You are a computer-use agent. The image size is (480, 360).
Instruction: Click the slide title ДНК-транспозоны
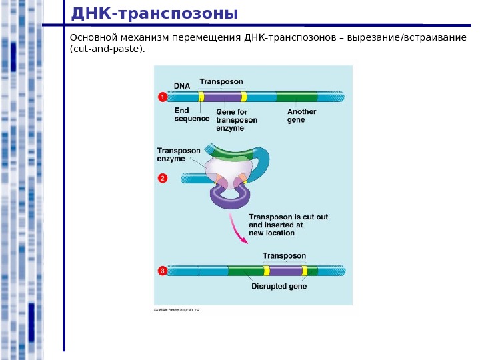(x=153, y=13)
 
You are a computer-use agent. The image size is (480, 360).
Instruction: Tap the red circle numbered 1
(x=162, y=97)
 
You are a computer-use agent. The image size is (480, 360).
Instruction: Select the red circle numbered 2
(x=162, y=178)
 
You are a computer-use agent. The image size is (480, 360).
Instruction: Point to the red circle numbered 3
(x=162, y=271)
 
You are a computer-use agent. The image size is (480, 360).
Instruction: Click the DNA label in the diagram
(x=182, y=86)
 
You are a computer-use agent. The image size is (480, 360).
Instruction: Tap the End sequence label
(x=191, y=115)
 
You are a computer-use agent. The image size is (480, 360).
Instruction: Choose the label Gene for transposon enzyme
(x=237, y=120)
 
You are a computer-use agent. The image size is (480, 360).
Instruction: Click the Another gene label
(x=301, y=115)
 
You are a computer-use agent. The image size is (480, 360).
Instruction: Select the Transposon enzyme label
(x=178, y=155)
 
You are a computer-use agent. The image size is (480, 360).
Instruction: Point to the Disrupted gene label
(x=279, y=287)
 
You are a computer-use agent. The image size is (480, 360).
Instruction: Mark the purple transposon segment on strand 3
(x=285, y=271)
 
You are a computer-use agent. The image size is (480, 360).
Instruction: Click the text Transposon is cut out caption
(x=288, y=217)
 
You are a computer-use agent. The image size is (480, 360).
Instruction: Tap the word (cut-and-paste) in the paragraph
(x=107, y=49)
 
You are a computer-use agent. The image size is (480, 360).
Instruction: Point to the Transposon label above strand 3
(x=284, y=256)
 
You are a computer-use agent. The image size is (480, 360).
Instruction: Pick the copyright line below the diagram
(x=177, y=310)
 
